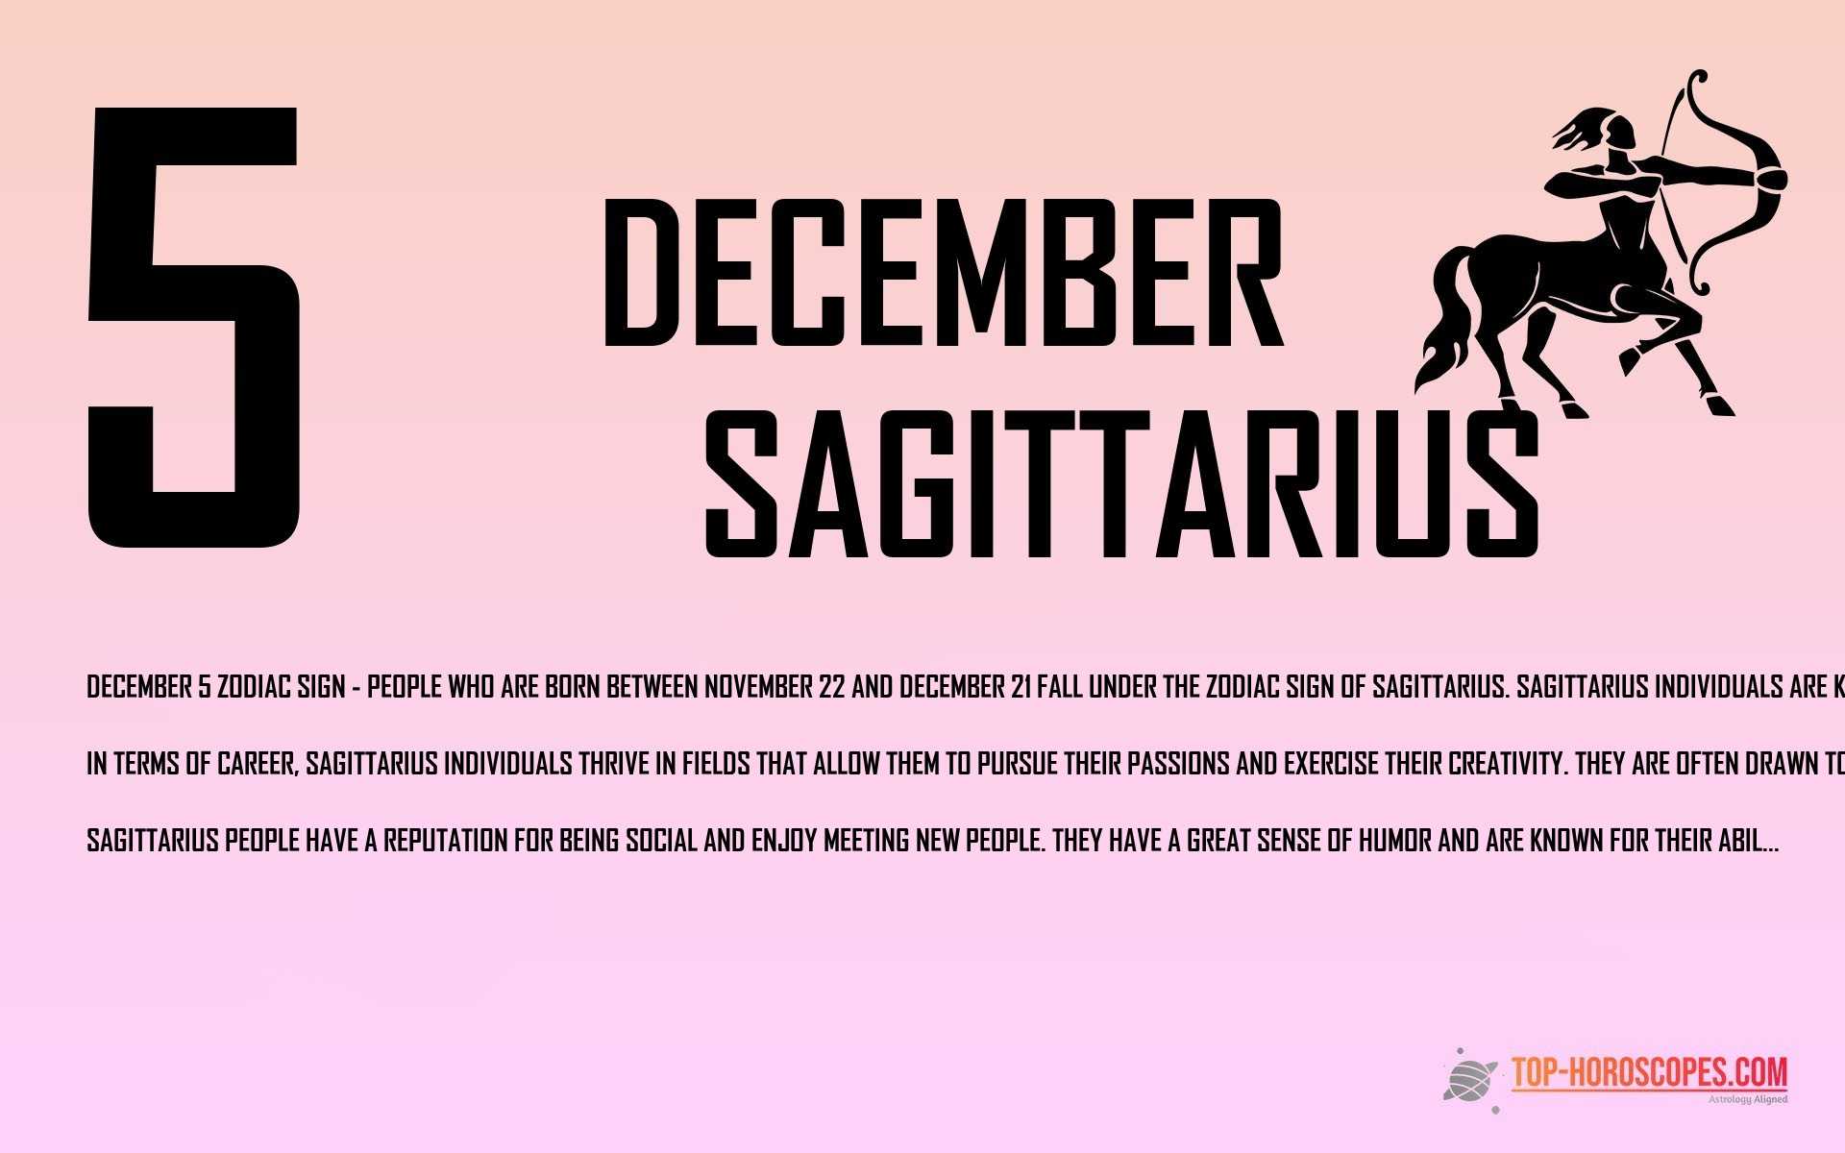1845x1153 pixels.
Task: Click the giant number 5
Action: tap(192, 327)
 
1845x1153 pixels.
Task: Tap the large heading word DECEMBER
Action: tap(942, 274)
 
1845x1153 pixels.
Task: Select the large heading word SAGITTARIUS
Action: tap(1119, 485)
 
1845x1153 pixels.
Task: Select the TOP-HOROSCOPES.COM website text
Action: tap(1649, 1072)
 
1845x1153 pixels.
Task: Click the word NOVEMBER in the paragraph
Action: tap(758, 688)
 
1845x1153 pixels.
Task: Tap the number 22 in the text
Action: tap(832, 688)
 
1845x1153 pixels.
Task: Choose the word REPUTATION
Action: tap(446, 842)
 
